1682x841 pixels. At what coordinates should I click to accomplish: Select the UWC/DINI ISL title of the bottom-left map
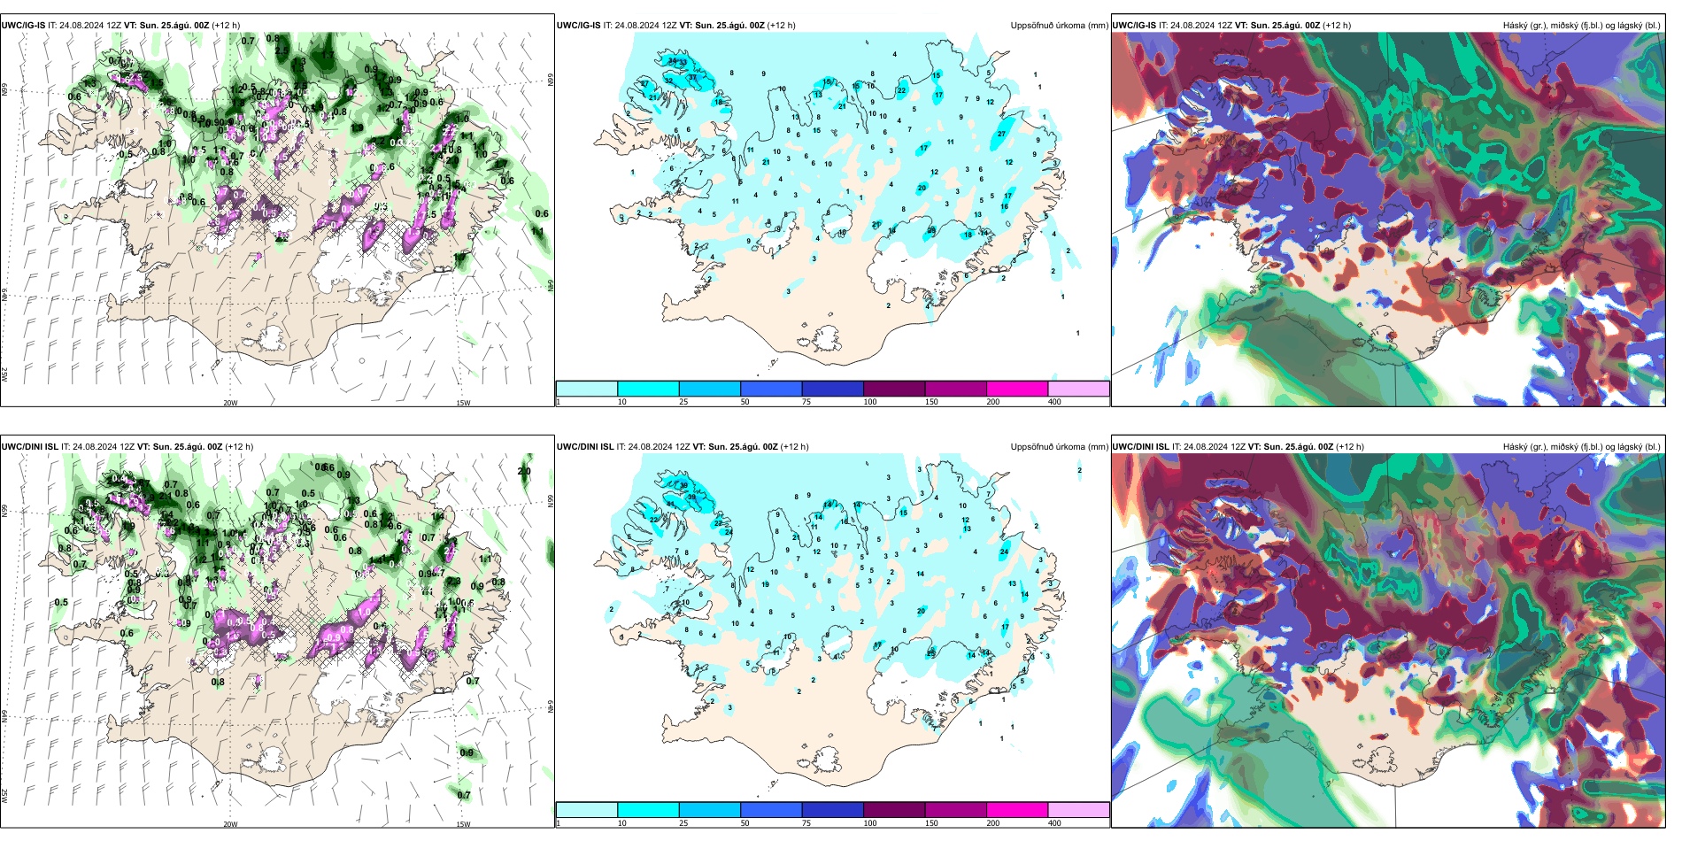click(x=29, y=447)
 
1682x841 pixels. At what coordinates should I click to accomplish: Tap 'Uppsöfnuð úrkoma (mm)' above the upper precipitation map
click(x=1059, y=26)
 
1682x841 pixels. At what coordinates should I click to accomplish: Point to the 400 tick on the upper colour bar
click(x=1054, y=402)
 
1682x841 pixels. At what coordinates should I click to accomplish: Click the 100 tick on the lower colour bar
click(x=870, y=823)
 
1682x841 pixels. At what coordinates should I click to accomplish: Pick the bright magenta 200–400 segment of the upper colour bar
click(x=1017, y=389)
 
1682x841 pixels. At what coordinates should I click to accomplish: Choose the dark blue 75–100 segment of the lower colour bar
click(x=832, y=810)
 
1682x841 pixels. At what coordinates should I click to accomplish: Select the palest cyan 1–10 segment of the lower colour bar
click(x=587, y=810)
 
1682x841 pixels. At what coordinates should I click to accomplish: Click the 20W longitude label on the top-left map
click(x=230, y=403)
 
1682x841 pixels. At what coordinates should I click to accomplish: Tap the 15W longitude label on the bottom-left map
click(x=463, y=824)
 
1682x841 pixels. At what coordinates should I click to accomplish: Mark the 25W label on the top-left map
click(x=4, y=374)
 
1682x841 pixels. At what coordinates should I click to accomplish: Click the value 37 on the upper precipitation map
click(x=693, y=78)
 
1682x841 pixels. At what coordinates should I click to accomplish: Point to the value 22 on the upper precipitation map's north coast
click(x=902, y=90)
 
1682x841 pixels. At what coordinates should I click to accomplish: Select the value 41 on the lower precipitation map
click(x=670, y=504)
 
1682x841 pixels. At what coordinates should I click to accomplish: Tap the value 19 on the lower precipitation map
click(x=766, y=585)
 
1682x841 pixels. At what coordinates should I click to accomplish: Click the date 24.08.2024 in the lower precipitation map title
click(x=651, y=447)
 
